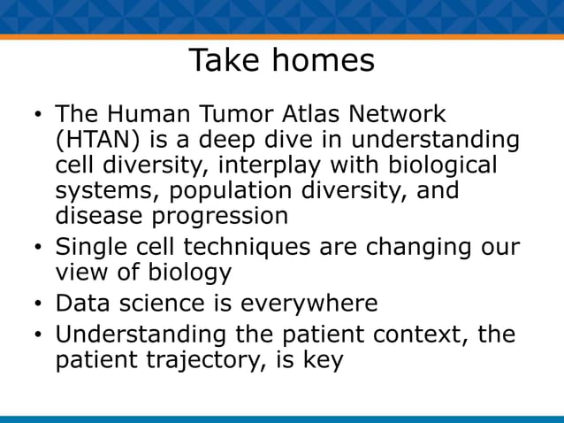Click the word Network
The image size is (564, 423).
click(401, 116)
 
